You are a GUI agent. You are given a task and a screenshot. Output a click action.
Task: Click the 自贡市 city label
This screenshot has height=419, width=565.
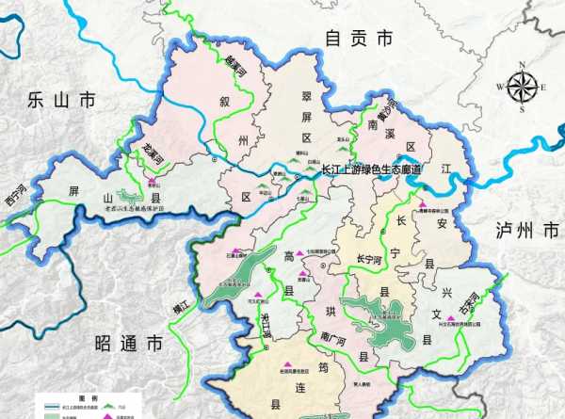(x=357, y=39)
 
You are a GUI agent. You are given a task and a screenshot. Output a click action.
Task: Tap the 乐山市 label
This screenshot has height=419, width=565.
(x=62, y=99)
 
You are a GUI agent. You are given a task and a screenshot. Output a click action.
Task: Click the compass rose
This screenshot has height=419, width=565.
(x=524, y=87)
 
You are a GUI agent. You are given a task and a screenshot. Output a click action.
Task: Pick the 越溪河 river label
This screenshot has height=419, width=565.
(x=234, y=66)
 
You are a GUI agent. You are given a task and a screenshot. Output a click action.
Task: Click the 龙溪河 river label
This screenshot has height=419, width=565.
(x=153, y=153)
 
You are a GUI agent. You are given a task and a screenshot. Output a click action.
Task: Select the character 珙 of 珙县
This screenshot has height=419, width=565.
(x=329, y=311)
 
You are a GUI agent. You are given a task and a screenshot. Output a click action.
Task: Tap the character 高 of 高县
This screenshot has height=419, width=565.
(x=289, y=256)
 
